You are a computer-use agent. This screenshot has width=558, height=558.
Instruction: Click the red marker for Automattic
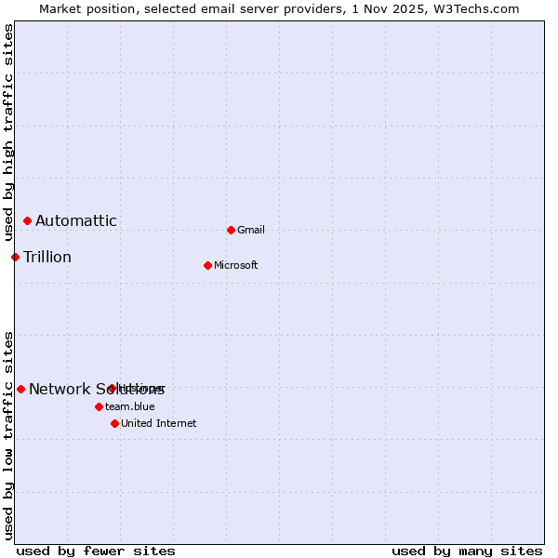pyautogui.click(x=27, y=220)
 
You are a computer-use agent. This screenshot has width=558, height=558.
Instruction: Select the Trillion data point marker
pyautogui.click(x=16, y=257)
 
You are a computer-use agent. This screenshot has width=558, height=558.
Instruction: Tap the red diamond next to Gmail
pyautogui.click(x=231, y=230)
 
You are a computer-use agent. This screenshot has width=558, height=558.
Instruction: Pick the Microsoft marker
pyautogui.click(x=207, y=265)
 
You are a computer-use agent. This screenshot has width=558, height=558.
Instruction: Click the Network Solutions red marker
pyautogui.click(x=20, y=389)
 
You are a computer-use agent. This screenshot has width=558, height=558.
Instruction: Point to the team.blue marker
pyautogui.click(x=99, y=406)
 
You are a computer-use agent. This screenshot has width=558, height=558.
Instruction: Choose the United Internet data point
pyautogui.click(x=114, y=423)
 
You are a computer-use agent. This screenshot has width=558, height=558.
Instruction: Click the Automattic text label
pyautogui.click(x=76, y=220)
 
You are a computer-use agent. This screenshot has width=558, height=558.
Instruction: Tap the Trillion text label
pyautogui.click(x=47, y=257)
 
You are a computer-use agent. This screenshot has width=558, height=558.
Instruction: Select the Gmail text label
pyautogui.click(x=251, y=230)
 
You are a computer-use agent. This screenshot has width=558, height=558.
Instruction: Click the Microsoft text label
pyautogui.click(x=236, y=265)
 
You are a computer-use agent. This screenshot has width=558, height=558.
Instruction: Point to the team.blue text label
pyautogui.click(x=130, y=406)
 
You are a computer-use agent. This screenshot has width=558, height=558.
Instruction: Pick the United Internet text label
pyautogui.click(x=159, y=423)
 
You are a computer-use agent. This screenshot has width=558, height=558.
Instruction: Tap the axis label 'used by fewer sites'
pyautogui.click(x=96, y=551)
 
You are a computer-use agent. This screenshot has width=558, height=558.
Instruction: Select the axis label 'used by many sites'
pyautogui.click(x=467, y=551)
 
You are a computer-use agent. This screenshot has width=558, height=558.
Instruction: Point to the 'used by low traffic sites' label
pyautogui.click(x=8, y=434)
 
